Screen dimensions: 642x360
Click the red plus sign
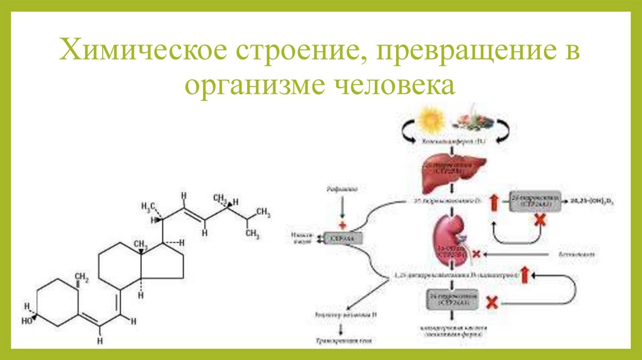(342, 224)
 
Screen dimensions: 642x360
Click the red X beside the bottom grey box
(493, 302)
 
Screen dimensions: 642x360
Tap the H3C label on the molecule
(148, 206)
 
